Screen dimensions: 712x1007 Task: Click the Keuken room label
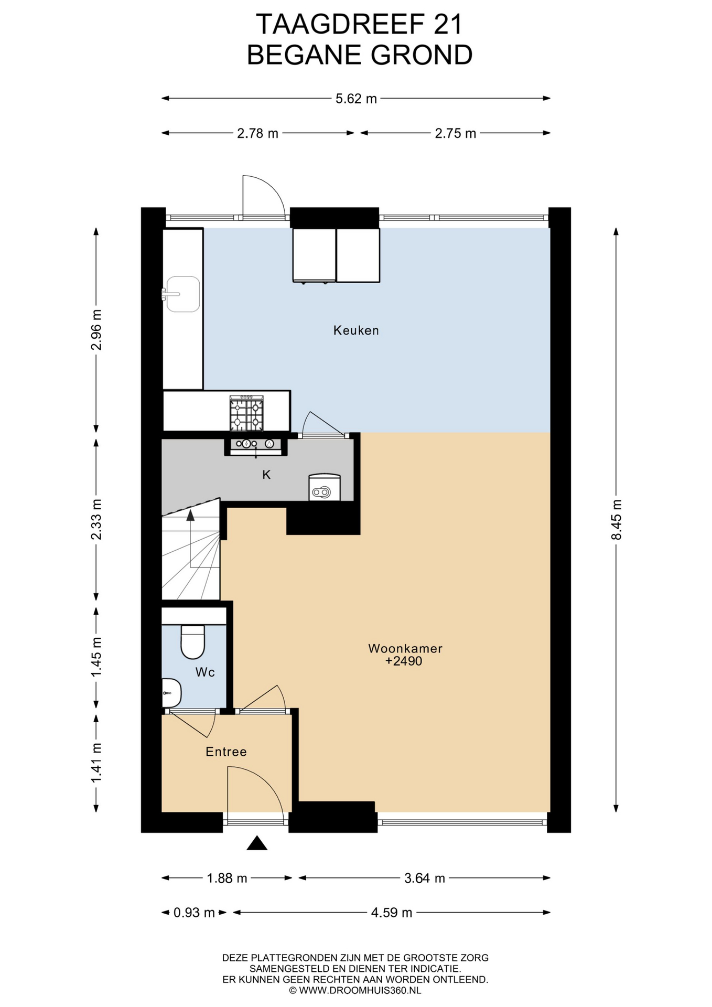[x=356, y=330]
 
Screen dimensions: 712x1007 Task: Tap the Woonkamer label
[x=405, y=648]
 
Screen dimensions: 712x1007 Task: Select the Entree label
[x=226, y=752]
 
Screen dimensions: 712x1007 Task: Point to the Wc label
[x=205, y=672]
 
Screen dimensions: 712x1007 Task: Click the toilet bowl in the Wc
[x=192, y=641]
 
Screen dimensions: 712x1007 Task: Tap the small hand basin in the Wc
[x=171, y=693]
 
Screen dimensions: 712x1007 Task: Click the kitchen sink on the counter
[x=181, y=294]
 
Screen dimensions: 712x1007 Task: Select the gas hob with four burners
[x=246, y=413]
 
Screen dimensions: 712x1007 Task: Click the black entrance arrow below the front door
[x=257, y=843]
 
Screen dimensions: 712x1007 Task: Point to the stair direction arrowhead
[x=190, y=515]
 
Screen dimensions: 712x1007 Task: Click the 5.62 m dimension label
[x=356, y=99]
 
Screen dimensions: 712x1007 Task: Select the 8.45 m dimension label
[x=617, y=520]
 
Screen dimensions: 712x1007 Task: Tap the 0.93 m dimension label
[x=194, y=913]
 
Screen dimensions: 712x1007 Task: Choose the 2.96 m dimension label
[x=96, y=330]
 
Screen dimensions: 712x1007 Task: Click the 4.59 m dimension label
[x=392, y=913]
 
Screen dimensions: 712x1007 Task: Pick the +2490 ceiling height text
[x=404, y=661]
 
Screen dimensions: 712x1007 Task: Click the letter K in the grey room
[x=266, y=475]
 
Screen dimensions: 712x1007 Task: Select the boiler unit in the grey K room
[x=325, y=488]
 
